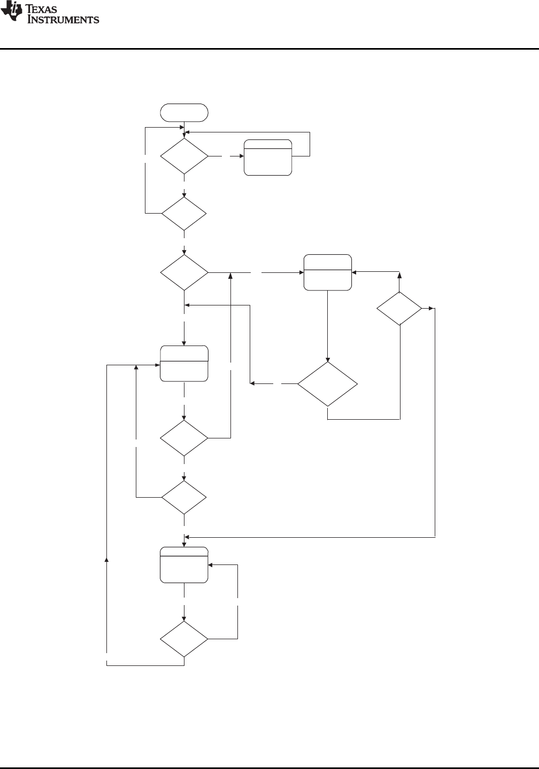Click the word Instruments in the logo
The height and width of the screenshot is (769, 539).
click(63, 19)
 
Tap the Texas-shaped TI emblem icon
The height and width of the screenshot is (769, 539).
click(12, 11)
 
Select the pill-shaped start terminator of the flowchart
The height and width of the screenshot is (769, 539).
click(184, 113)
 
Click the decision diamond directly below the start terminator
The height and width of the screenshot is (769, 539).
click(184, 156)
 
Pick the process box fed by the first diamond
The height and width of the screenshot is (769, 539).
click(268, 158)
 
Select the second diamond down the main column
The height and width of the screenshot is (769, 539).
click(184, 214)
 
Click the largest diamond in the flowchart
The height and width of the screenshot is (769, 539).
click(328, 384)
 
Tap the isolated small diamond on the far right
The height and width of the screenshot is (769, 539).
click(399, 308)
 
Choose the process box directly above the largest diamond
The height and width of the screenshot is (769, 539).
click(328, 272)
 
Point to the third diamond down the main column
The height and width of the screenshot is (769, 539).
click(184, 272)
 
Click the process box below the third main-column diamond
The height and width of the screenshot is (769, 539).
click(184, 364)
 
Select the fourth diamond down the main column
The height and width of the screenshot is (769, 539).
click(184, 438)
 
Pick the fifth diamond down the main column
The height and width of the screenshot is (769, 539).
click(184, 497)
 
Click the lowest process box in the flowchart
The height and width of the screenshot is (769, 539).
click(184, 565)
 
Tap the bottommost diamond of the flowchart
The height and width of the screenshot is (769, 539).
click(184, 639)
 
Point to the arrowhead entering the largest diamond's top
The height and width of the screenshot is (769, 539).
click(328, 359)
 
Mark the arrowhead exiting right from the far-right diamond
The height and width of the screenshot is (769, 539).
click(431, 308)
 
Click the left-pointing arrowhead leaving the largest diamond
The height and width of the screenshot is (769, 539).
click(252, 383)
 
